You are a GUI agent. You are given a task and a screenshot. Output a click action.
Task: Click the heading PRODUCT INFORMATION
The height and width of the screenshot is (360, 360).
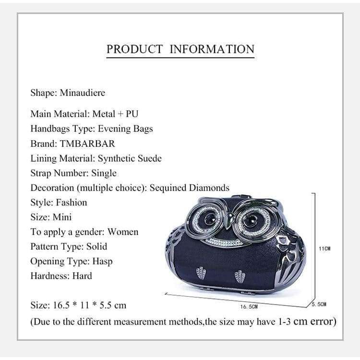tap(180, 49)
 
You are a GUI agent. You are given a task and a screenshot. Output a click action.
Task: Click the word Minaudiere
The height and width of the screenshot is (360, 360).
tap(82, 93)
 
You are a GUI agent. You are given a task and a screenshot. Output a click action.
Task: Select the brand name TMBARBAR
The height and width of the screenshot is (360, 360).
tap(87, 144)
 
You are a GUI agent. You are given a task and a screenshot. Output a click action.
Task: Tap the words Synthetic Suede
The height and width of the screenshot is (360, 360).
tap(130, 158)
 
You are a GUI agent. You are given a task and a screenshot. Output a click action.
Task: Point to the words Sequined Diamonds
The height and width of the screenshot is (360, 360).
tap(189, 188)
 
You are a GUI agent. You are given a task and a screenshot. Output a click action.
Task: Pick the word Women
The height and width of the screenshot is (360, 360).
tap(122, 232)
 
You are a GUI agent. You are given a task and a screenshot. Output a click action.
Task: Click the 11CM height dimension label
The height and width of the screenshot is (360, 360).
tap(325, 249)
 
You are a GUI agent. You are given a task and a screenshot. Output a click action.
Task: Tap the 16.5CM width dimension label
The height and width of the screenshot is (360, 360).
tap(249, 306)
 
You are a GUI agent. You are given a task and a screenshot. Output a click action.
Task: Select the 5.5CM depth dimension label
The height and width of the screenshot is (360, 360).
tap(319, 304)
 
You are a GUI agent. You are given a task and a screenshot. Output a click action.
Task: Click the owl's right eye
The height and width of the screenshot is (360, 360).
tap(249, 221)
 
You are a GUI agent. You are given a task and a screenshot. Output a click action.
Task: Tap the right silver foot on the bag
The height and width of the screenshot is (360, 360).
tap(240, 276)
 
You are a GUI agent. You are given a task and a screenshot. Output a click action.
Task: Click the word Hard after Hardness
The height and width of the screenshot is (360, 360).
tap(82, 276)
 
